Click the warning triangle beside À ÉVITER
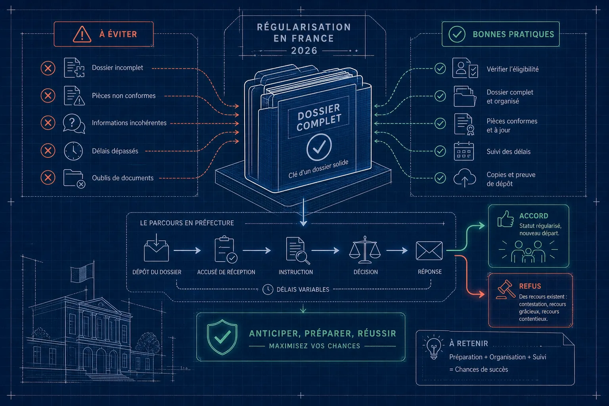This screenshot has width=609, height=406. coord(82,34)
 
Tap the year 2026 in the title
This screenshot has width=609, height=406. coord(304,51)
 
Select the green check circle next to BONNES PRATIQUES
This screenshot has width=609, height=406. coord(457,34)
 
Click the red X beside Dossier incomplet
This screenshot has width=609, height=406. coord(48,68)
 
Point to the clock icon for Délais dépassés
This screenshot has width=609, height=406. coord(73,151)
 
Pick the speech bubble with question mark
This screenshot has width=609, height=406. coord(74,124)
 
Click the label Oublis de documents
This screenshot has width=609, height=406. coord(123,178)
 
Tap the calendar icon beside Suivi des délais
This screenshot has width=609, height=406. coord(464,151)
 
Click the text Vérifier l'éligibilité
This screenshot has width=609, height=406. coord(513,69)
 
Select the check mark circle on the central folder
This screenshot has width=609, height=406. coord(319,147)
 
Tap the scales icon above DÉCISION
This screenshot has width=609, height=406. coord(365,250)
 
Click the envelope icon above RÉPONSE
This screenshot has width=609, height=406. coord(429,251)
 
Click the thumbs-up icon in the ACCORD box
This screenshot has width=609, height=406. coord(506,218)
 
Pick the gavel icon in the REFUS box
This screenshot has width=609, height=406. coord(506,289)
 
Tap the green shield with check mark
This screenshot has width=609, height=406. coord(222,337)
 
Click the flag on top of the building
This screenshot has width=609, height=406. coord(82,272)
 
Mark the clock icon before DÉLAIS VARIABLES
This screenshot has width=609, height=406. coord(268,289)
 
